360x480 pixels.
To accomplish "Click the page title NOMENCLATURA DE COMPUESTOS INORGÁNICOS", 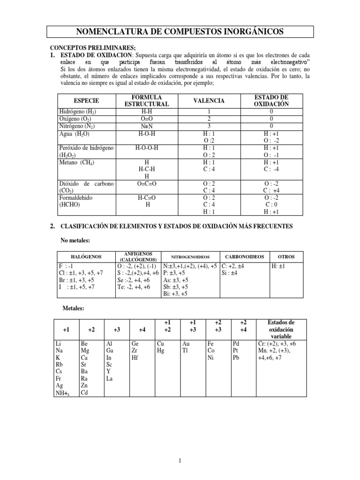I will (x=180, y=31).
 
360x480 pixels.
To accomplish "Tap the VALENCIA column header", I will (x=209, y=101).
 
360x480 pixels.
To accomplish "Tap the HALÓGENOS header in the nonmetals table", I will (x=86, y=257).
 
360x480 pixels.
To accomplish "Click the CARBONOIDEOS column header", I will (x=245, y=257).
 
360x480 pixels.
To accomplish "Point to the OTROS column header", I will (x=286, y=257).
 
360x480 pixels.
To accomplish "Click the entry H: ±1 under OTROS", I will (x=280, y=266).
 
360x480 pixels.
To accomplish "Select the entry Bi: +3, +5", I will (x=175, y=294).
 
